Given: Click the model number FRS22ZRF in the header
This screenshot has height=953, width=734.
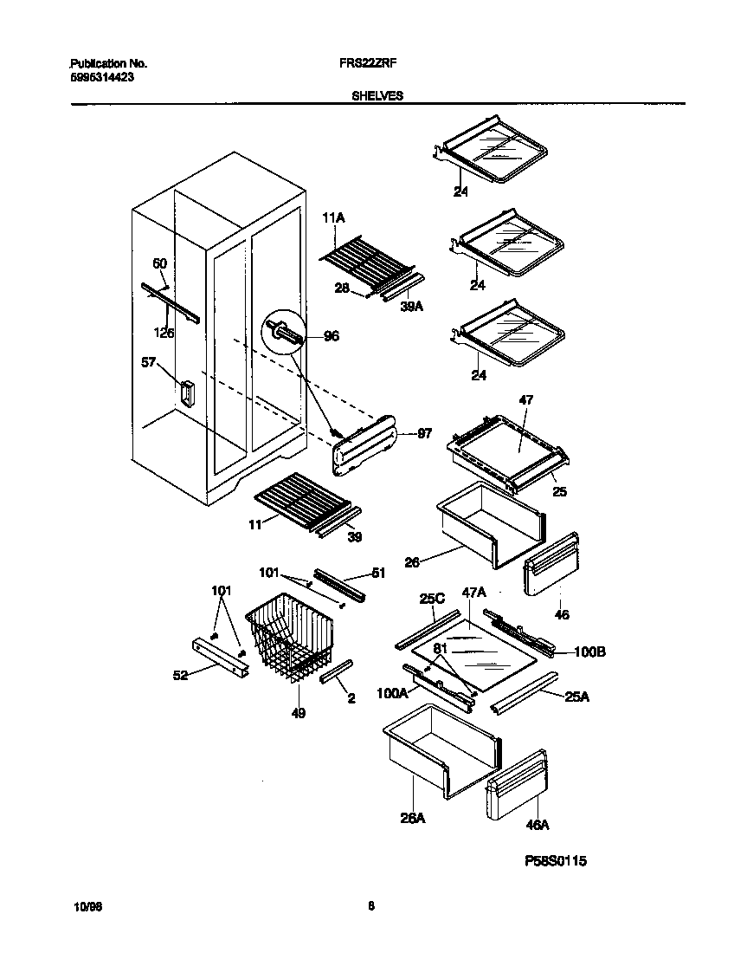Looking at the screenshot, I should [x=377, y=64].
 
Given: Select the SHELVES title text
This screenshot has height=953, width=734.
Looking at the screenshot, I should [x=377, y=96].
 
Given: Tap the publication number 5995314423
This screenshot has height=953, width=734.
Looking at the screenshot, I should [x=101, y=77].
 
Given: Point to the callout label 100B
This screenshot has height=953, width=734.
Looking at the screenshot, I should [x=588, y=652].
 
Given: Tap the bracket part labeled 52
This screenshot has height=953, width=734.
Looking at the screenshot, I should [x=220, y=657].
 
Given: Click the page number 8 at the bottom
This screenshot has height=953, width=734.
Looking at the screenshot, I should [x=371, y=907].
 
